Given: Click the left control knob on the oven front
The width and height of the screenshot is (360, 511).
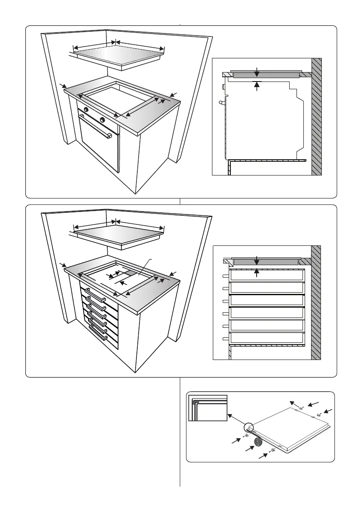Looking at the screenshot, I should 86,110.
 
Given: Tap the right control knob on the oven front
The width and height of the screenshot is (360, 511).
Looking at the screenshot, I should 102,119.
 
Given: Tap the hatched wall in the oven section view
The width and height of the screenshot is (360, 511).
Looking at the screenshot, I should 316,116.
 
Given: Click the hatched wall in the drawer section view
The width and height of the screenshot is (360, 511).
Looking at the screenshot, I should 316,302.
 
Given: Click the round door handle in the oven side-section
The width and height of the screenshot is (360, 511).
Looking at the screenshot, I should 221,103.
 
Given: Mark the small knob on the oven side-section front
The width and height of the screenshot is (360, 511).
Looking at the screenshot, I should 224,87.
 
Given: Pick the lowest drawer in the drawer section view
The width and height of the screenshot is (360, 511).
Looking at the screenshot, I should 267,338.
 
